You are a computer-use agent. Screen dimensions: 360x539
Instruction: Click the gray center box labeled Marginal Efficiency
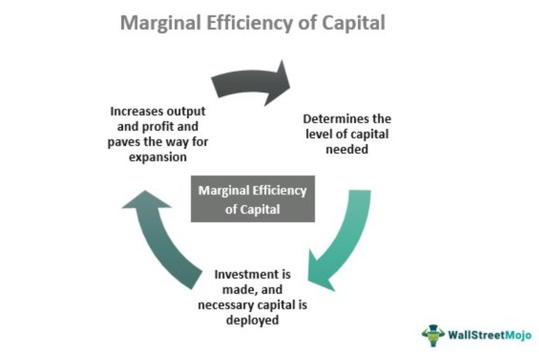253,200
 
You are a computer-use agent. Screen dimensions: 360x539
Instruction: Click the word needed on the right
346,149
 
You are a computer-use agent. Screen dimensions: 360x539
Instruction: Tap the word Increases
132,112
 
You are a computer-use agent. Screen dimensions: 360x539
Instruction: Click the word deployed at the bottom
252,320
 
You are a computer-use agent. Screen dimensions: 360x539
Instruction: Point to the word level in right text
318,134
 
